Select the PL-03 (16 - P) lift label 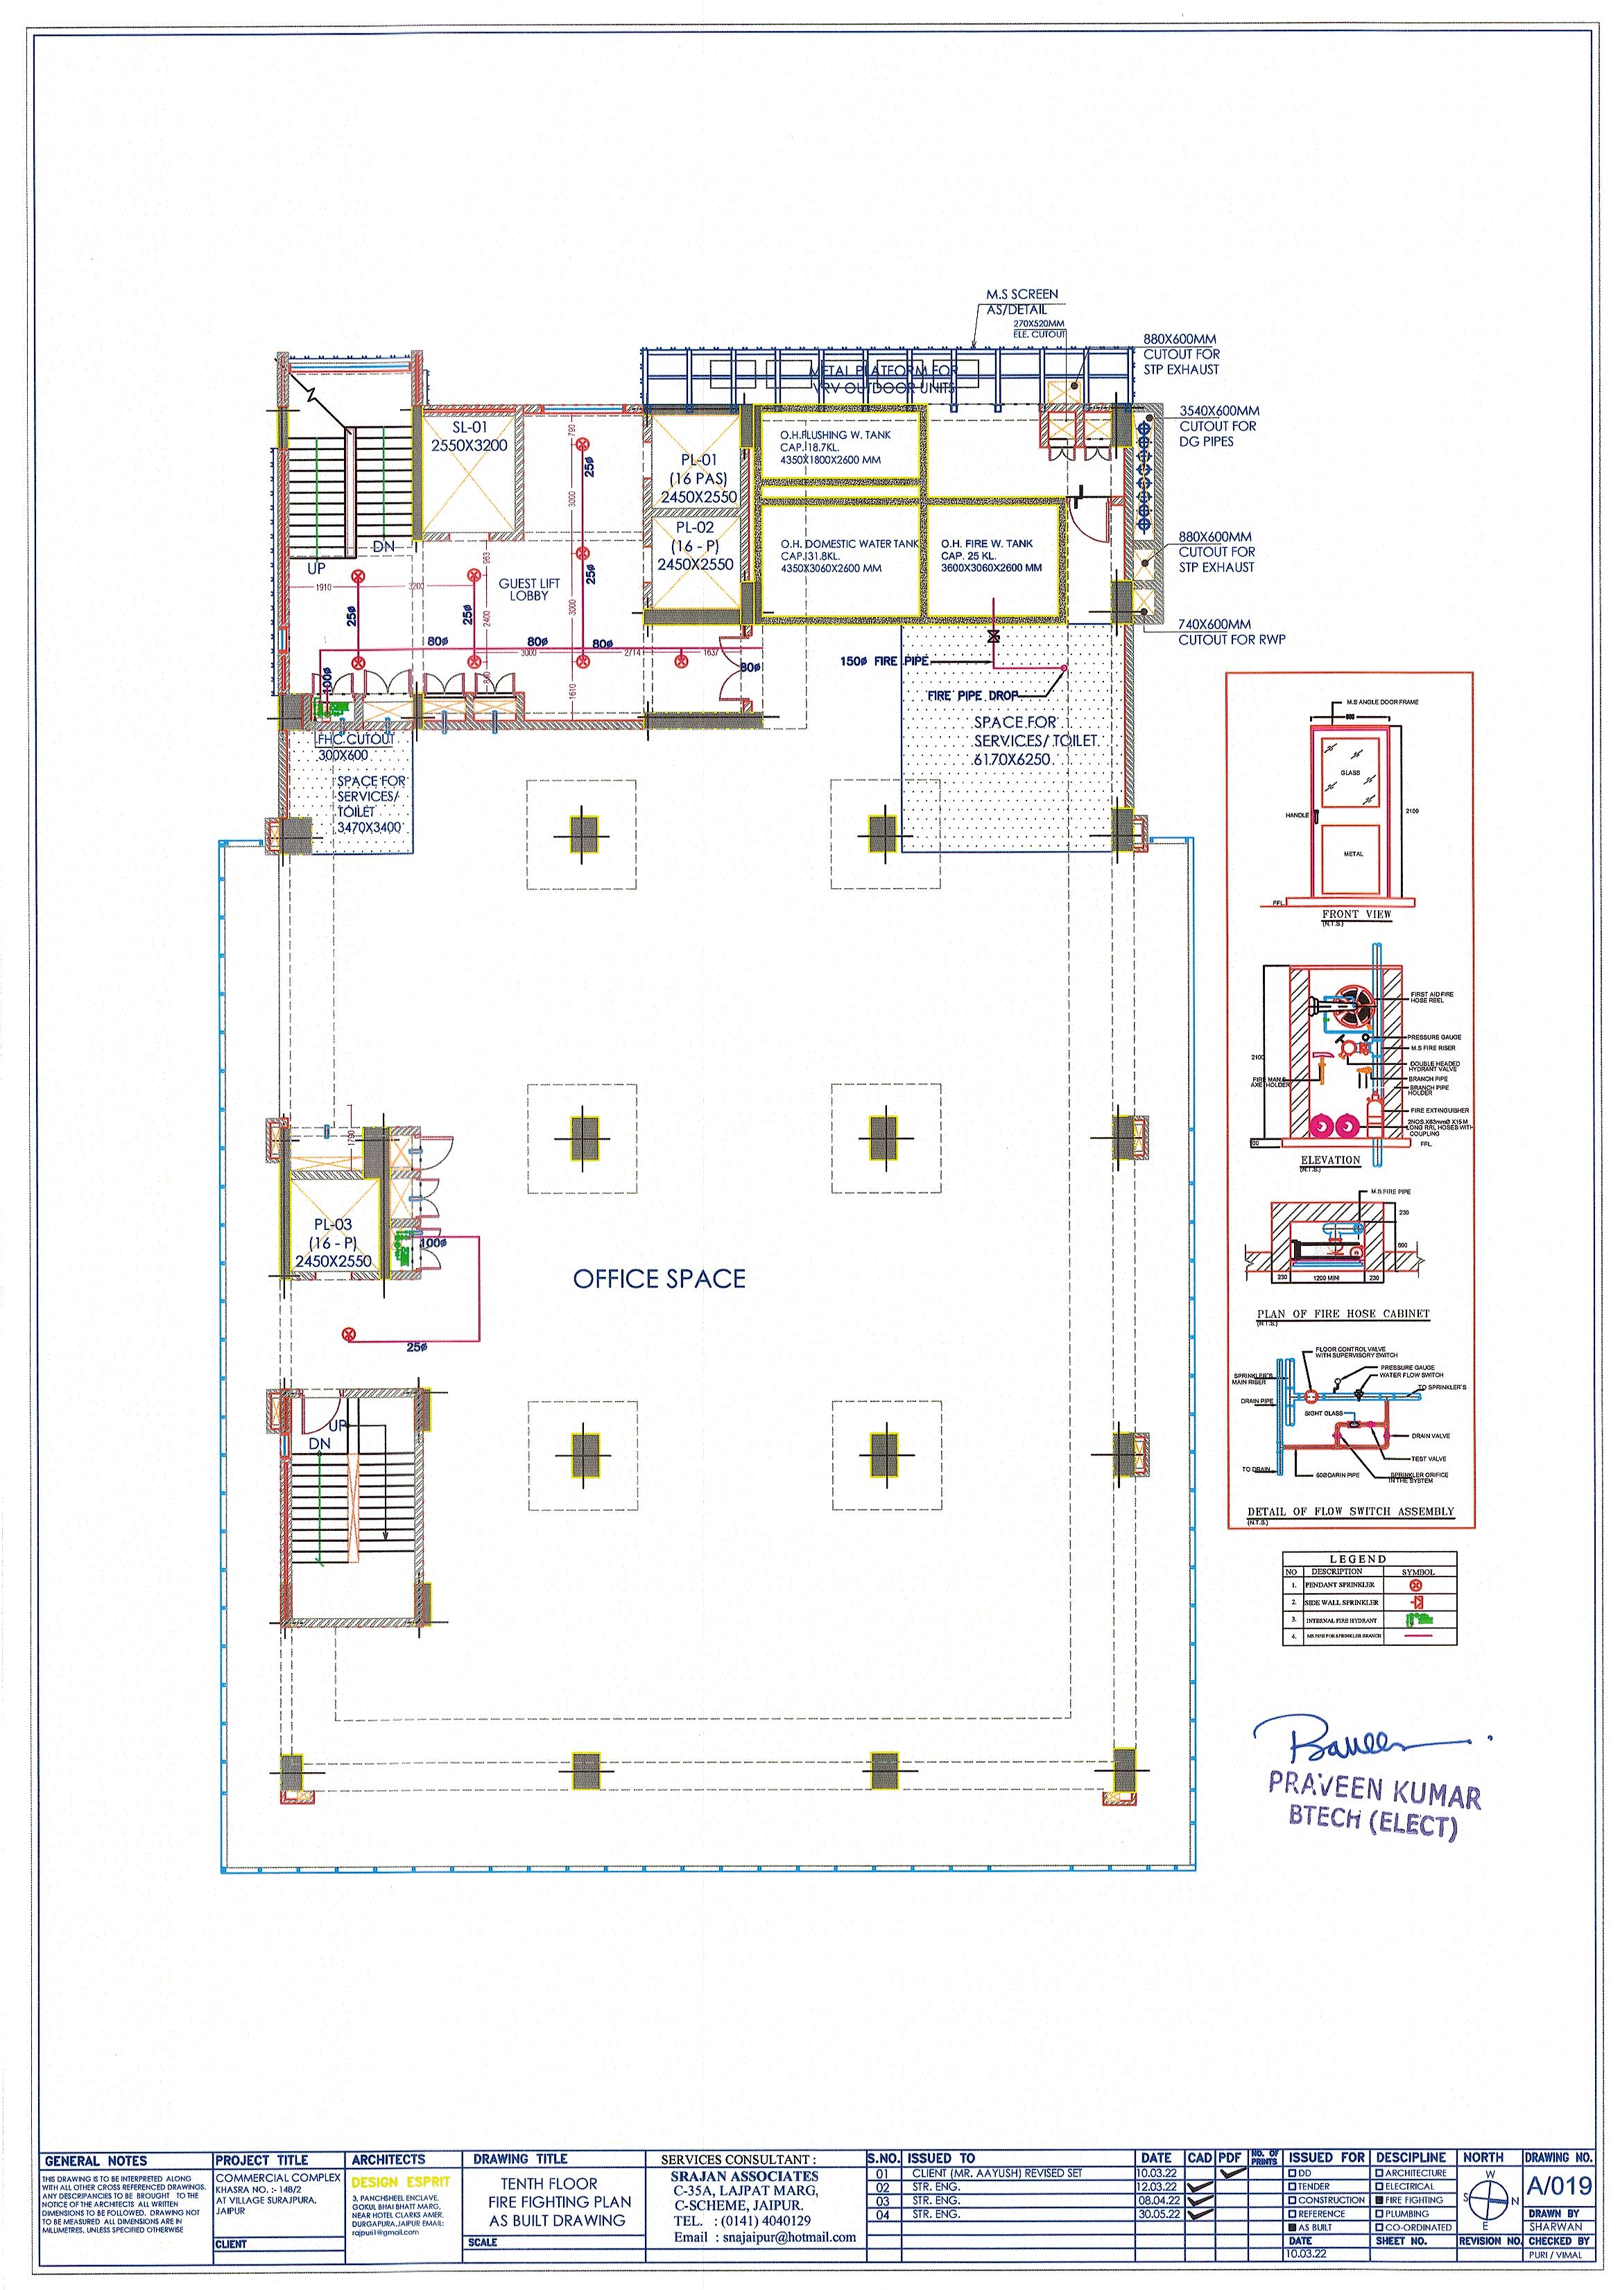click(333, 1242)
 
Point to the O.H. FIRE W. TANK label click(987, 555)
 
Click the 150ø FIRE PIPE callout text click(884, 661)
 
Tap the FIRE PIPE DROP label click(972, 695)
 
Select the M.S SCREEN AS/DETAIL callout click(1022, 301)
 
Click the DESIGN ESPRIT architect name click(400, 2183)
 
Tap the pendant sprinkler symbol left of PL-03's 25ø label click(348, 1333)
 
